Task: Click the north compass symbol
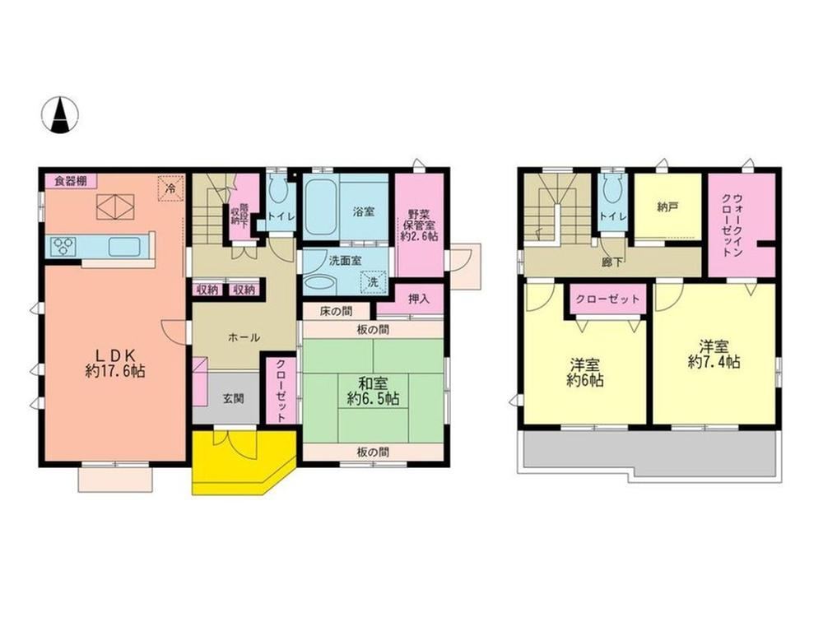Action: (60, 114)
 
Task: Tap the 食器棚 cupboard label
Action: (71, 182)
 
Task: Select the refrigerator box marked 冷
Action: (170, 188)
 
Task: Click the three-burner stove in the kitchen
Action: (64, 246)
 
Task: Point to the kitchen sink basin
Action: (124, 246)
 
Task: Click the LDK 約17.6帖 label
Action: (115, 362)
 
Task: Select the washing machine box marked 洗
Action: (373, 281)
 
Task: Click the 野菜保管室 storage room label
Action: (420, 225)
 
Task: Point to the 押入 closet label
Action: (419, 299)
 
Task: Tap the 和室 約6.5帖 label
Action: (373, 390)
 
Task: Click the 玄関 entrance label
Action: (233, 399)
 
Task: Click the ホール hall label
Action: (244, 337)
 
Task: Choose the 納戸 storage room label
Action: (667, 206)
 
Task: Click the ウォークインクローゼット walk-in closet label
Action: (732, 225)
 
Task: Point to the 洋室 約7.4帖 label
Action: (714, 354)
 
